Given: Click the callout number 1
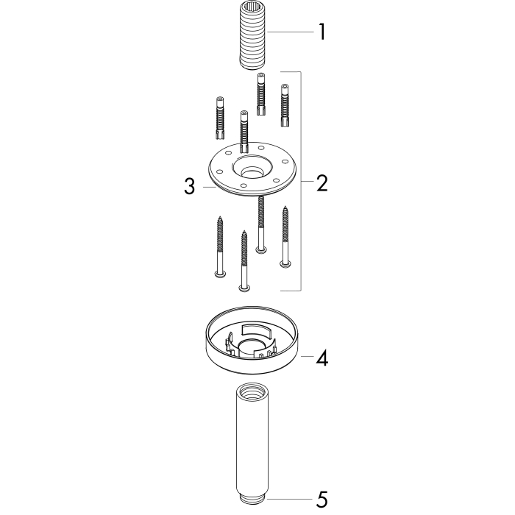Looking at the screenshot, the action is coord(322,32).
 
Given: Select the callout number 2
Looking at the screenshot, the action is coord(322,183).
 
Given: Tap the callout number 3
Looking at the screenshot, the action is coord(190,186).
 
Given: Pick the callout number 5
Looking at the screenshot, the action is coord(322,500).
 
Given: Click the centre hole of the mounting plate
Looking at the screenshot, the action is coord(252,171).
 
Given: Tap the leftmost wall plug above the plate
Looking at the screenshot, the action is coord(220,118).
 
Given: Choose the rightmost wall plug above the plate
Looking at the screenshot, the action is coord(285,105).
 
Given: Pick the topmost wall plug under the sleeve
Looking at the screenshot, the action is coord(261,94).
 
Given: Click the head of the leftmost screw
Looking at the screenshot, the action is coord(219,274).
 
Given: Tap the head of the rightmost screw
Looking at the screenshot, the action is coord(285,263).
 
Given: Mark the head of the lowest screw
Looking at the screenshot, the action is coord(244,288).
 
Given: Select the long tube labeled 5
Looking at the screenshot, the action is coord(252,446).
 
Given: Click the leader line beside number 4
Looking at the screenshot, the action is coord(307,356).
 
